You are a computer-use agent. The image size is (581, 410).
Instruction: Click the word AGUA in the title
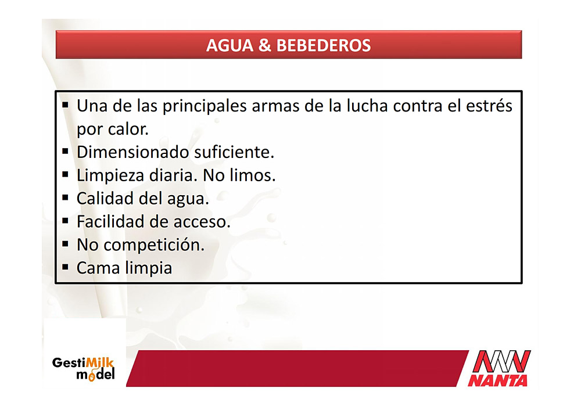pos(229,45)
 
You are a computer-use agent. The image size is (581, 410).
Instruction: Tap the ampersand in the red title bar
pos(264,45)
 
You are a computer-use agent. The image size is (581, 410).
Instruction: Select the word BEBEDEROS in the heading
pos(324,45)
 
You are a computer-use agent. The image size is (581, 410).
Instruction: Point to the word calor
pos(128,130)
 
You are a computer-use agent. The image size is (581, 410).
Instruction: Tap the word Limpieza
pos(110,176)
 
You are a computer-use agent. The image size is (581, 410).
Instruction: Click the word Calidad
pos(105,199)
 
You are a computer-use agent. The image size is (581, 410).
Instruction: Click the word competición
pos(154,245)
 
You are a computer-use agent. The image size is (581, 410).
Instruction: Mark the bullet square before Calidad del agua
pos(66,198)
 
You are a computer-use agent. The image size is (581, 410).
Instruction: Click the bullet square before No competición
pos(66,244)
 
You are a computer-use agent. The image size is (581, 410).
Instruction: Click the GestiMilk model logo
pos(83,369)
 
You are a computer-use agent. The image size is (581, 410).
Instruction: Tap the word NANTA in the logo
pos(497,380)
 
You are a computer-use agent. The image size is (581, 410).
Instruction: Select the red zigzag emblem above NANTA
pos(502,361)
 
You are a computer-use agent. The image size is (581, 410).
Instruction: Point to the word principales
pos(205,106)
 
